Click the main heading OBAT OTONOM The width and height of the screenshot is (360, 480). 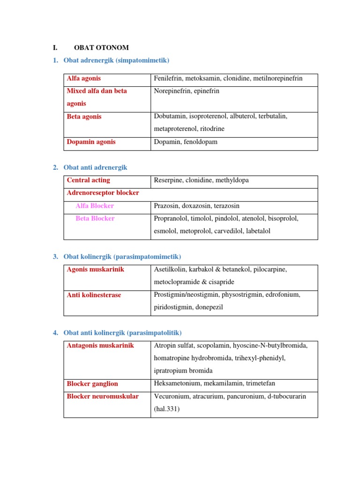(x=101, y=47)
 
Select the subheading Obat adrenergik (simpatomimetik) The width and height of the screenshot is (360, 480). (x=116, y=60)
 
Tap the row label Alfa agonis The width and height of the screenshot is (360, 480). (x=84, y=78)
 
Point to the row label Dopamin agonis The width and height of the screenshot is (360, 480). (x=91, y=142)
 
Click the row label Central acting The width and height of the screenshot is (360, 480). (x=89, y=180)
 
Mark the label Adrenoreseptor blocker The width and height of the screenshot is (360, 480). (x=103, y=193)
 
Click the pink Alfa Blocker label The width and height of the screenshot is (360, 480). (x=95, y=206)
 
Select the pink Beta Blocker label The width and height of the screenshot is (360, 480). (x=95, y=218)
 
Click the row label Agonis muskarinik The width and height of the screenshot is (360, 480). (x=96, y=270)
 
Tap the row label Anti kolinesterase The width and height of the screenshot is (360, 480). (x=94, y=295)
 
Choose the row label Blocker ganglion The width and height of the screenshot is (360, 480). (x=92, y=383)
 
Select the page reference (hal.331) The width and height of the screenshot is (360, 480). (x=166, y=409)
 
